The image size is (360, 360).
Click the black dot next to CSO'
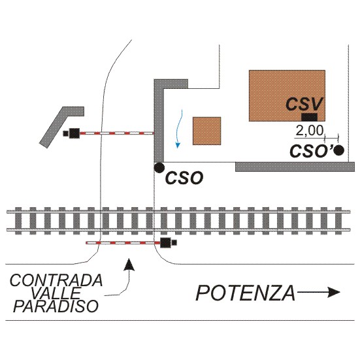[339, 150]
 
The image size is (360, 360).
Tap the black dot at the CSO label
[159, 167]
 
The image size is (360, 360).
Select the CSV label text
[304, 104]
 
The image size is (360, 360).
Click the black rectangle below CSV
[309, 117]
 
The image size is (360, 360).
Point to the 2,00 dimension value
[309, 131]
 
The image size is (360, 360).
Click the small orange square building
[206, 131]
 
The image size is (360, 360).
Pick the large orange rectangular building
[287, 95]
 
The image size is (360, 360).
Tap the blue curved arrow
[180, 129]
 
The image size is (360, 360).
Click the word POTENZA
[246, 293]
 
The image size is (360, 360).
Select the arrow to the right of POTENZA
[318, 292]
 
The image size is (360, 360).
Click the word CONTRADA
[56, 280]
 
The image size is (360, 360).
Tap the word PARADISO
[56, 306]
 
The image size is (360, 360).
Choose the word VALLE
[56, 293]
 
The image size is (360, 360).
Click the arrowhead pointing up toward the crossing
[130, 264]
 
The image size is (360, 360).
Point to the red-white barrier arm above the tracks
[117, 133]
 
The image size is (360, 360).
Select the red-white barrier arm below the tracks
[123, 242]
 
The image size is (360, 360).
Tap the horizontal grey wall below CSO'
[295, 167]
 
